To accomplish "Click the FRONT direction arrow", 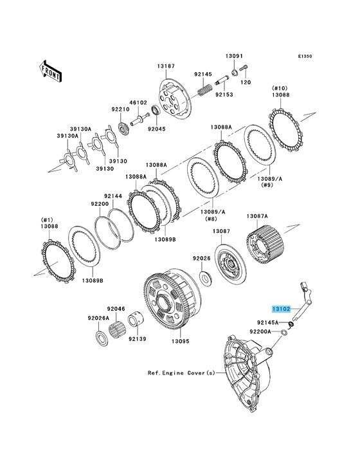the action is coord(50,71).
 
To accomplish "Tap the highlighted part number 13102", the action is coord(281,308).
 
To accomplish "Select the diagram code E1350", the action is coord(305,56).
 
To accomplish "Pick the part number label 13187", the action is coord(166,66).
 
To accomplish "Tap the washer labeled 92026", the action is coord(206,278).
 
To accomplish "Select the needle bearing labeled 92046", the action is coord(117,329).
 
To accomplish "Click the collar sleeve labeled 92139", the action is coord(135,320).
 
